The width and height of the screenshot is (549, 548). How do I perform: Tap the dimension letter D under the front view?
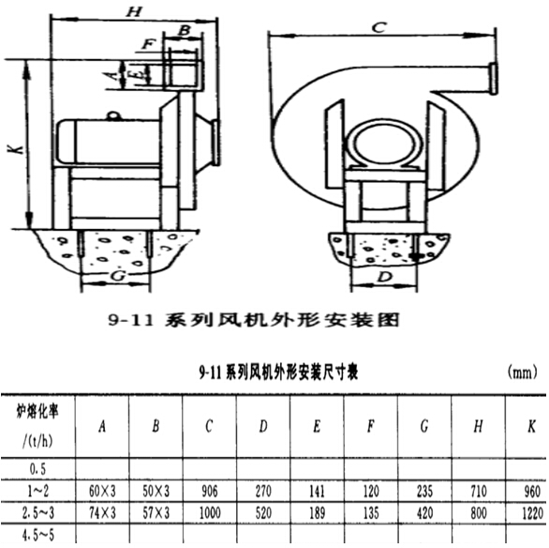(x=385, y=278)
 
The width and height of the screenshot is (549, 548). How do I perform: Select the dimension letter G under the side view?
(x=115, y=278)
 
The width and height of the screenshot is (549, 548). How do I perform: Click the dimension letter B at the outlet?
(x=185, y=31)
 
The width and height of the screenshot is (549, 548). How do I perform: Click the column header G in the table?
(x=424, y=427)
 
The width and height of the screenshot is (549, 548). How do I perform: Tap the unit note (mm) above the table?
(x=521, y=373)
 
